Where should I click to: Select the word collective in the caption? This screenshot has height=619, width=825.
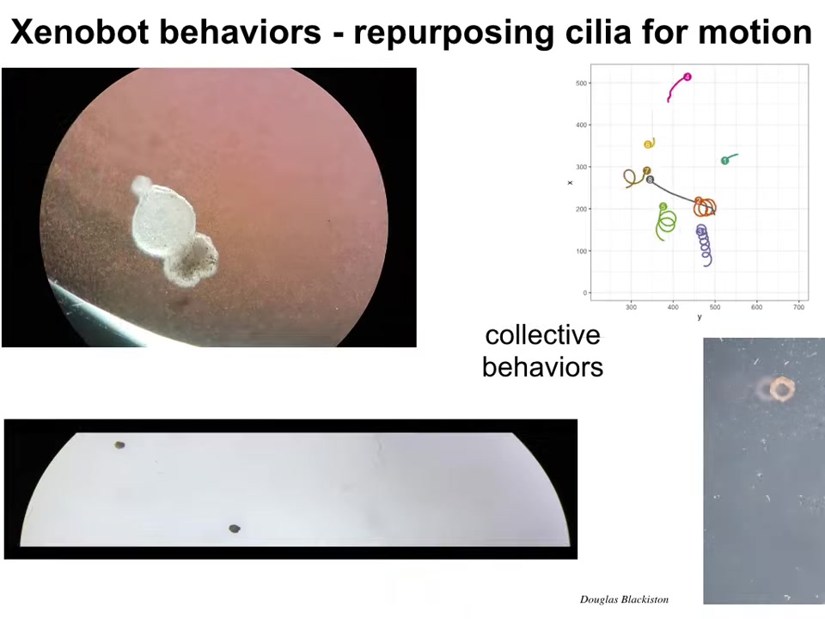(x=542, y=335)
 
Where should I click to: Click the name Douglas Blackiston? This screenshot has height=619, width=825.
(x=624, y=599)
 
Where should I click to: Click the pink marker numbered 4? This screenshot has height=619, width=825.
(x=687, y=77)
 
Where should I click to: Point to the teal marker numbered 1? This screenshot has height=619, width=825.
(x=724, y=161)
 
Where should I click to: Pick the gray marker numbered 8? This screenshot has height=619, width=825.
(x=650, y=180)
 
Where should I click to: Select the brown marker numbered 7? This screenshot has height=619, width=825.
(x=646, y=170)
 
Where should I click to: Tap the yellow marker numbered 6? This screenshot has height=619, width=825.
(x=648, y=144)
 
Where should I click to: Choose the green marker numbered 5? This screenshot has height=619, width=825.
(x=663, y=206)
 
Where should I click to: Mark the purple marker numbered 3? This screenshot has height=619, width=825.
(x=700, y=231)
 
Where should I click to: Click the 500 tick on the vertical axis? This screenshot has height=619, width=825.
(x=581, y=83)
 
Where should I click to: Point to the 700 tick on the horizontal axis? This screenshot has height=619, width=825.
(x=798, y=308)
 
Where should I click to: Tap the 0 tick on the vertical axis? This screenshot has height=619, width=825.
(x=584, y=292)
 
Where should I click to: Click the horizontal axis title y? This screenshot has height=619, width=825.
(x=700, y=317)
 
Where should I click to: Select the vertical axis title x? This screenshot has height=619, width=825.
(x=570, y=182)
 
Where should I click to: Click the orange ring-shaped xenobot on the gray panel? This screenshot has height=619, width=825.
(x=782, y=389)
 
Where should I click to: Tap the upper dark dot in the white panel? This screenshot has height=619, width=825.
(x=119, y=445)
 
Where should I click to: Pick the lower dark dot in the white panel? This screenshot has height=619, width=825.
(x=235, y=529)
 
